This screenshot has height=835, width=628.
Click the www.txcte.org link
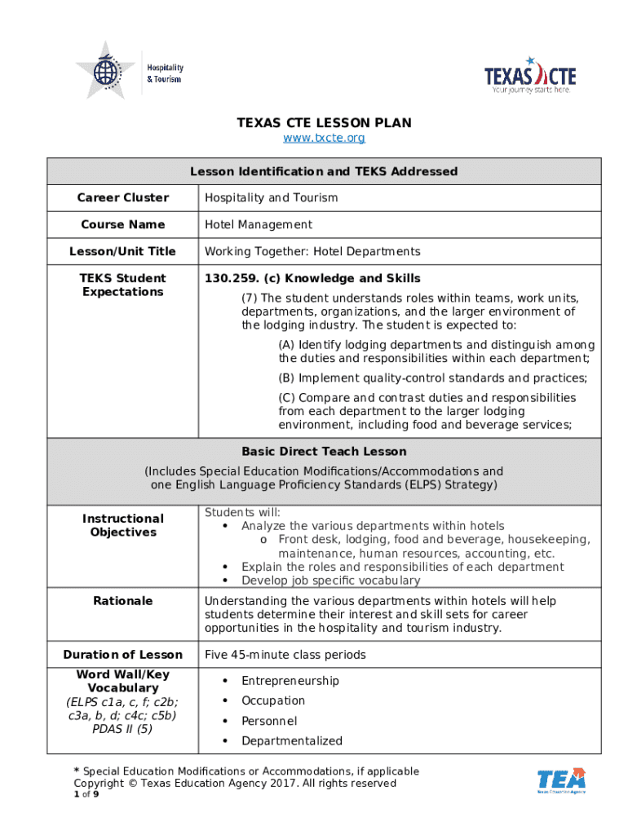coord(324,138)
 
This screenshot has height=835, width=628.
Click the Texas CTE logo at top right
coord(530,76)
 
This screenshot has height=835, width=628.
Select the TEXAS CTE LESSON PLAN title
coord(324,123)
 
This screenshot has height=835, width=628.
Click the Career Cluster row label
coord(122,197)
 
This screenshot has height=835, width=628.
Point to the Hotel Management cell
coord(258,224)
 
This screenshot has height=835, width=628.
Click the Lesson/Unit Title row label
coord(122,251)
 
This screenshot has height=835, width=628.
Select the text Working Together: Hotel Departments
coord(312,251)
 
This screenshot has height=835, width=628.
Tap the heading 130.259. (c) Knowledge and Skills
coord(312,278)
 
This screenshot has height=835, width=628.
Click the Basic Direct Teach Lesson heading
coord(324,451)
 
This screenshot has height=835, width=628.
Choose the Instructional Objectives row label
coord(122,525)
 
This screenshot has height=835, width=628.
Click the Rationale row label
coord(122,601)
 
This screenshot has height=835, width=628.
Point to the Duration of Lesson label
coord(122,655)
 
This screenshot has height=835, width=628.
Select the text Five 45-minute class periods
coord(285,655)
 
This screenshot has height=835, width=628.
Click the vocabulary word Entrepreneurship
coord(290,681)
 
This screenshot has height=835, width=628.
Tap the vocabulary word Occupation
coord(273,700)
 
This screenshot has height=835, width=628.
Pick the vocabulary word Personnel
coord(269,721)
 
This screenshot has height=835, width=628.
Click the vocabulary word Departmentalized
coord(291,741)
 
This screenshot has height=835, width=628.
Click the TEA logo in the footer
coord(561,780)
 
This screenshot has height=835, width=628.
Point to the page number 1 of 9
coord(86,794)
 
